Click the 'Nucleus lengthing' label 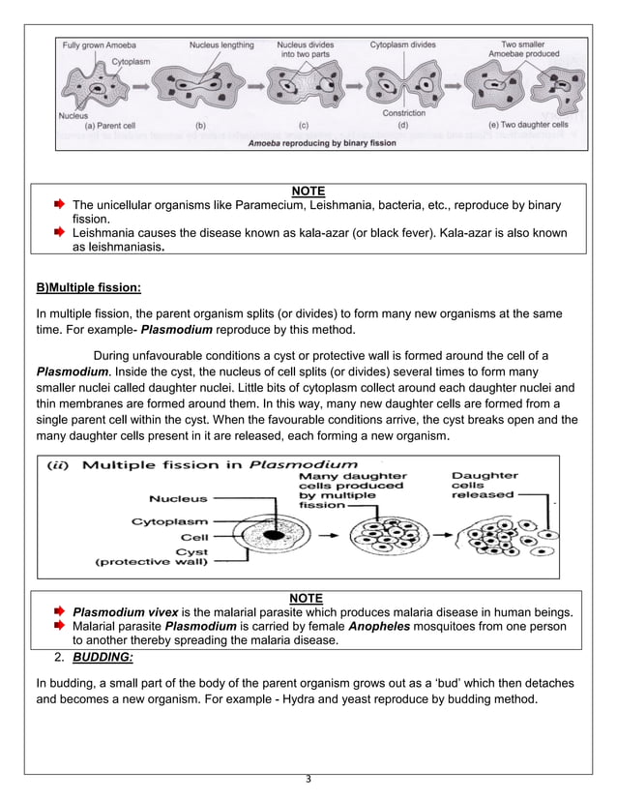click(x=221, y=44)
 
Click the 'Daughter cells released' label click(x=485, y=485)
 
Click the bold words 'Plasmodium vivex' click(x=125, y=611)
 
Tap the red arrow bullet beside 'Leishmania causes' click(x=60, y=233)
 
